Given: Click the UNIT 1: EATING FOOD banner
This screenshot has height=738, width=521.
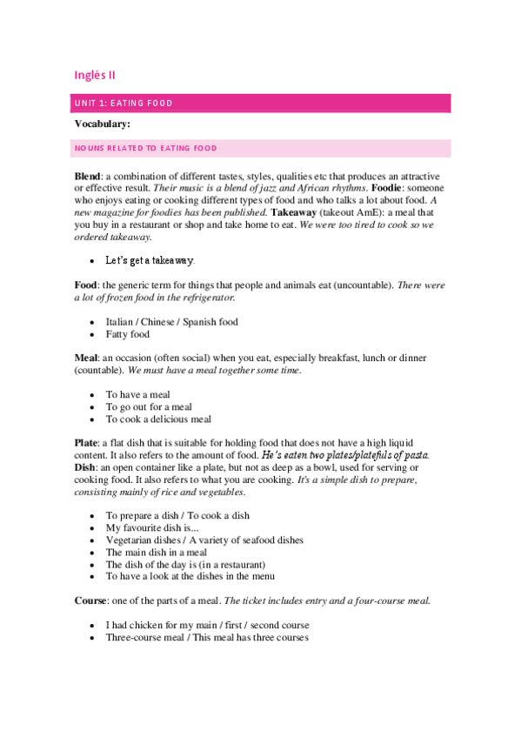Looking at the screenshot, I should coord(261,104).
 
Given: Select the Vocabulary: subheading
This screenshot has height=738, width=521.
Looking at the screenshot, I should coord(102,124).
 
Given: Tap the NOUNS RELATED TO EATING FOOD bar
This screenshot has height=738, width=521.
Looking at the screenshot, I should coord(261,149).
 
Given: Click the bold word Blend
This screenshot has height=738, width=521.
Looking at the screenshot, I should coord(88,176).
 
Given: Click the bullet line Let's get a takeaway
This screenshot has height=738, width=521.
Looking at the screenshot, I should coord(150,260).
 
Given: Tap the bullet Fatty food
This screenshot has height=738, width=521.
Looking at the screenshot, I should coord(128,334).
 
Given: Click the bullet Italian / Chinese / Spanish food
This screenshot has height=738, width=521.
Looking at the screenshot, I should coord(171,322).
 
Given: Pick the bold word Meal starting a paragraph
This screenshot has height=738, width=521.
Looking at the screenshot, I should coord(86,359).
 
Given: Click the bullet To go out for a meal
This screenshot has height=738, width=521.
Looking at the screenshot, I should coord(149,406).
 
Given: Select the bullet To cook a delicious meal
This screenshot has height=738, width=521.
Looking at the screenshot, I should coord(158,419).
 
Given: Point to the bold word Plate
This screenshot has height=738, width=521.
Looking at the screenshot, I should coord(86,443).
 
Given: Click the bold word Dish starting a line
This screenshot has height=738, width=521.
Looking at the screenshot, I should coord(85,467).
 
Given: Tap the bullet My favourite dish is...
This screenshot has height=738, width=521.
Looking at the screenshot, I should coord(152,527).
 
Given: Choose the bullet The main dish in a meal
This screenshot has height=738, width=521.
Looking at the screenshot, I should coord(157,552).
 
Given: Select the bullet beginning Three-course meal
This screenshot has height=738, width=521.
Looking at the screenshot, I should coord(206,637).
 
